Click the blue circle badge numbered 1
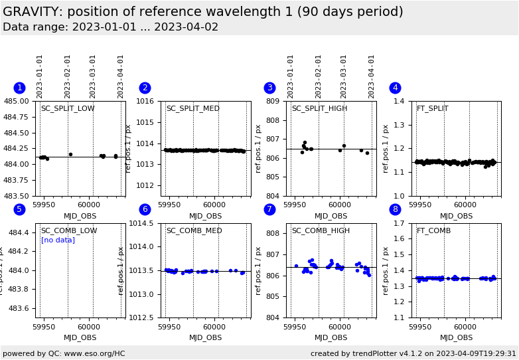point(19,88)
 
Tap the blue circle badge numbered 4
point(395,88)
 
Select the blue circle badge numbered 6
point(145,210)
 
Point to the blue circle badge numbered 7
point(269,210)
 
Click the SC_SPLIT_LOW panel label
point(68,109)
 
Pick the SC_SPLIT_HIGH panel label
point(319,109)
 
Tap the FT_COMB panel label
point(433,231)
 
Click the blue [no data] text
point(58,240)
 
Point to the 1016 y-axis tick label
point(144,102)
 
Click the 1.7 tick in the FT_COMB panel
point(400,224)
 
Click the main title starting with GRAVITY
point(202,12)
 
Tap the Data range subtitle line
point(110,27)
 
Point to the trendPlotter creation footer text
point(413,354)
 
